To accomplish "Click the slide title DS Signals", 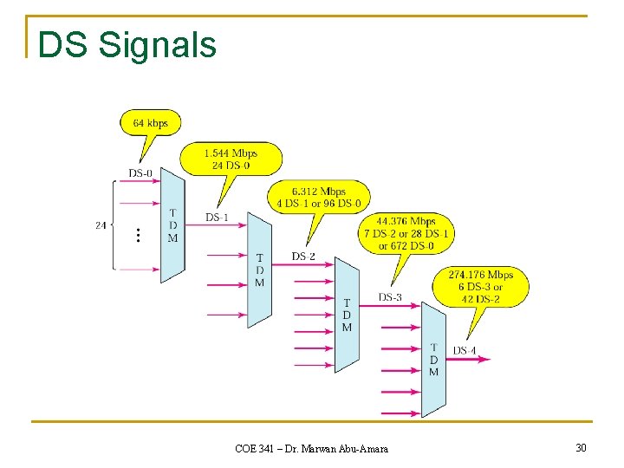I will (x=127, y=45).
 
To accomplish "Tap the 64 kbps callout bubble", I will (x=150, y=123).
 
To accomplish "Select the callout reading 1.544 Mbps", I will (x=231, y=159).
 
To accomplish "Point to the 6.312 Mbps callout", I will (x=319, y=198).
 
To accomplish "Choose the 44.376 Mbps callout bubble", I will (x=406, y=233).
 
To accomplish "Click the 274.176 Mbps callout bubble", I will (x=480, y=287).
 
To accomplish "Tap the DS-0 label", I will (x=140, y=173).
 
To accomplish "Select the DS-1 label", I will (x=217, y=217).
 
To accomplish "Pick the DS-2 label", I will (x=303, y=257).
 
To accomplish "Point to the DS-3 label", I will (x=390, y=297).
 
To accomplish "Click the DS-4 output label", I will (x=465, y=351).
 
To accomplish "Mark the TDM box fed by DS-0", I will (x=172, y=225).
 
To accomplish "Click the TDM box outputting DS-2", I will (x=259, y=270).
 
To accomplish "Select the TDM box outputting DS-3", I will (x=347, y=314).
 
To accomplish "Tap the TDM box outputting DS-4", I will (x=433, y=359).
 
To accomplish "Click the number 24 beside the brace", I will (x=101, y=225).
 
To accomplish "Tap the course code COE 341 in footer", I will (x=252, y=448).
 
